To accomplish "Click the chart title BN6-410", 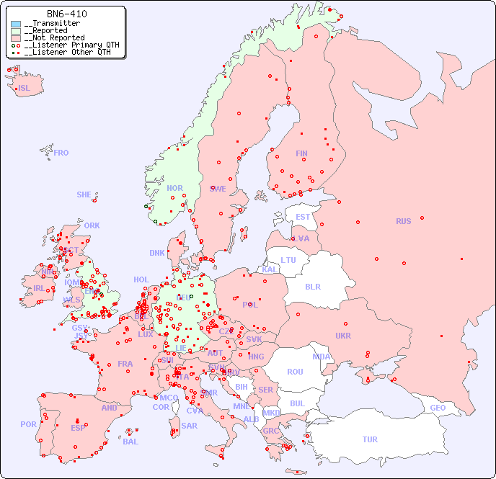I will point(67,14).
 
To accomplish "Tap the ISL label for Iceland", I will point(24,89).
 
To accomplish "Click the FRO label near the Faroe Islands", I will point(61,153).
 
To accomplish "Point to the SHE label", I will point(84,194).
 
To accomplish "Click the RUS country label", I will point(403,221).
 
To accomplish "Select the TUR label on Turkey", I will point(370,439).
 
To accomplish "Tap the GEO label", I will point(438,408).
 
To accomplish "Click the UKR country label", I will point(343,336).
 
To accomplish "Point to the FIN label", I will point(301,153).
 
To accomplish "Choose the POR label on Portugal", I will point(28,424).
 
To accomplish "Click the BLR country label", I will point(312,286).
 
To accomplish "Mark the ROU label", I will point(295,372).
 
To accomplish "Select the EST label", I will point(303,217).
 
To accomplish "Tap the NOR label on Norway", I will point(174,188).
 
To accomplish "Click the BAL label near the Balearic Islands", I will point(130,442).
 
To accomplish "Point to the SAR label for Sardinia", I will point(189,426).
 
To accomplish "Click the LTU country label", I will point(288,260).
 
